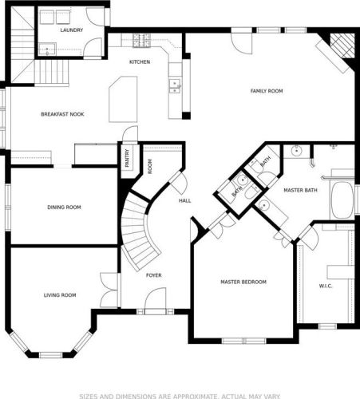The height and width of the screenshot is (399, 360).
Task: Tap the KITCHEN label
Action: [140, 61]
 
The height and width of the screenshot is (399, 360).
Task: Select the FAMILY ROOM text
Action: [266, 91]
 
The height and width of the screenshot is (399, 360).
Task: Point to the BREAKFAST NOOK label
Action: [62, 114]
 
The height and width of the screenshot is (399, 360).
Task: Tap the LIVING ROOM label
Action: [59, 295]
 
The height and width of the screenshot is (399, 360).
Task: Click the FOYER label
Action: [153, 275]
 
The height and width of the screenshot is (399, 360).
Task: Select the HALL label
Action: [184, 200]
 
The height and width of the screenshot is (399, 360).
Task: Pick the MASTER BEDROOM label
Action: [243, 282]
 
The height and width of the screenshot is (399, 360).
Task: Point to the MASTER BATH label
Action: [300, 189]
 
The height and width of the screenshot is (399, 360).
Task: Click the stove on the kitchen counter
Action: [141, 38]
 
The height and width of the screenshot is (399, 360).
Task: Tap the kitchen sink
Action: [174, 85]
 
